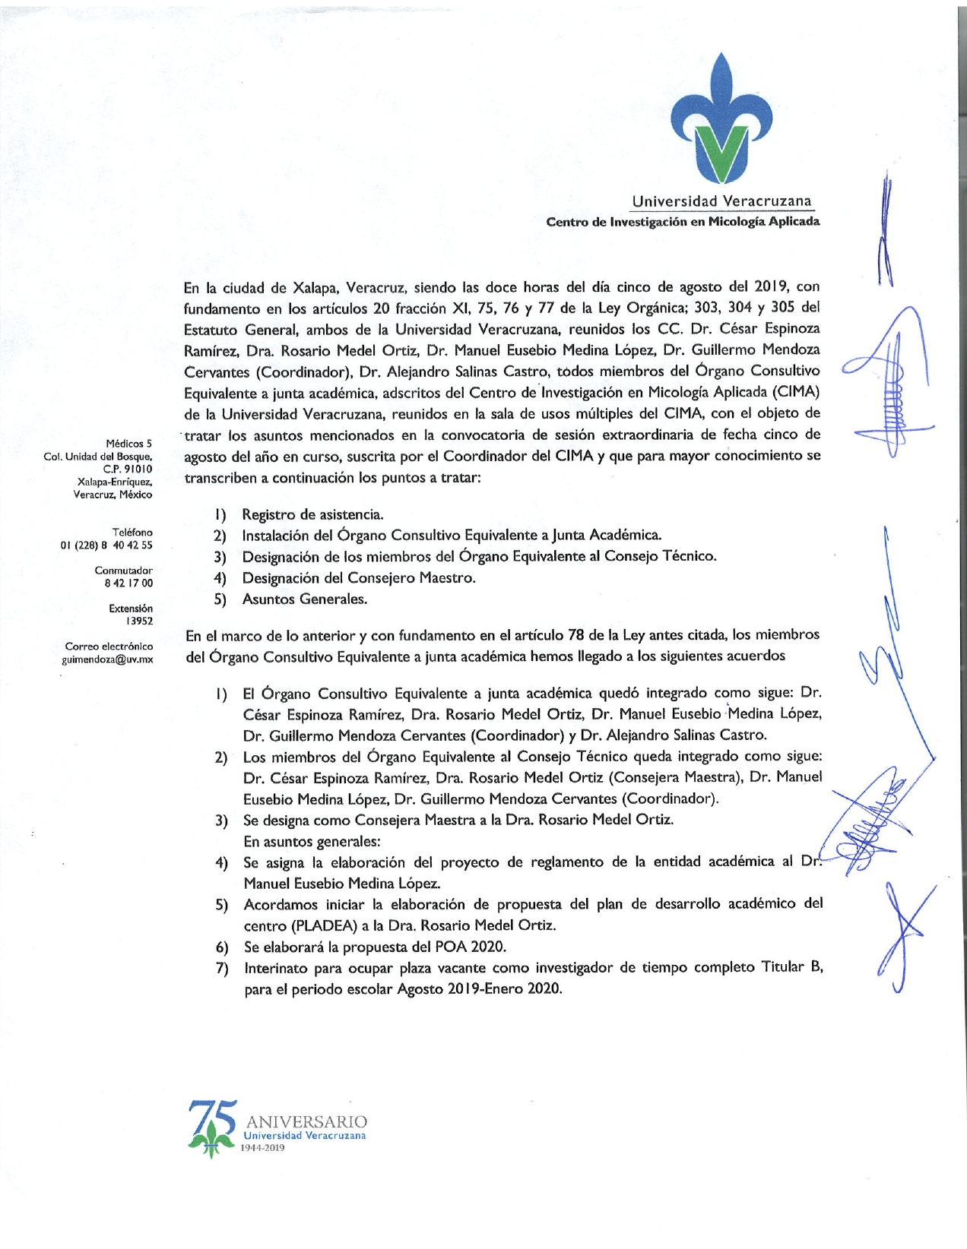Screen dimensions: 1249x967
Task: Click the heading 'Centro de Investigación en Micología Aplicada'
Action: pyautogui.click(x=683, y=222)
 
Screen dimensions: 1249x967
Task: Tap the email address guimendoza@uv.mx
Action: pyautogui.click(x=107, y=659)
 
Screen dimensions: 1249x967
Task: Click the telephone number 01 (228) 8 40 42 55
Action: pyautogui.click(x=106, y=545)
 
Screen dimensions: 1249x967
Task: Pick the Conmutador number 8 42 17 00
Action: pyautogui.click(x=128, y=583)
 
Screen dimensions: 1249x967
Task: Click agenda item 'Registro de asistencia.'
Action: pyautogui.click(x=312, y=515)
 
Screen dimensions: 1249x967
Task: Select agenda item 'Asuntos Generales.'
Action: pyautogui.click(x=304, y=599)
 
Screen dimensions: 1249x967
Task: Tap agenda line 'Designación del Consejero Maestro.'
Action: pyautogui.click(x=359, y=578)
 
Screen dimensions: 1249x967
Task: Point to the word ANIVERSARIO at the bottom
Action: pyautogui.click(x=306, y=1122)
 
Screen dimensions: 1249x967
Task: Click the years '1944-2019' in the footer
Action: pyautogui.click(x=262, y=1148)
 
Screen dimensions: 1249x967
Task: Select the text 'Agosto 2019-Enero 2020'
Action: pyautogui.click(x=479, y=989)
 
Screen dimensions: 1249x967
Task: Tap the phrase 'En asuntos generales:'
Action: pyautogui.click(x=312, y=842)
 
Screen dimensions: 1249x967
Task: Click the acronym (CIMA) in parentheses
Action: pyautogui.click(x=796, y=392)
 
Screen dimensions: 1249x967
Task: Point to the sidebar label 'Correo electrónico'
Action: pyautogui.click(x=109, y=647)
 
